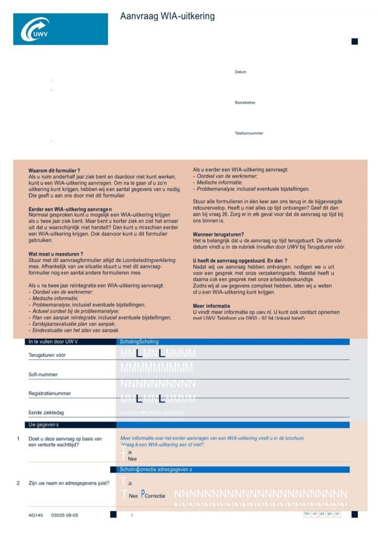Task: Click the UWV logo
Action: [60, 29]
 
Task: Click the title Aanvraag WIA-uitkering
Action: [167, 16]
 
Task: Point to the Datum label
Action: [240, 72]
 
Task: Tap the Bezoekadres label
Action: [245, 102]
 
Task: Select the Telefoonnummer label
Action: [249, 133]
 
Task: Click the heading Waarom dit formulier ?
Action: [54, 171]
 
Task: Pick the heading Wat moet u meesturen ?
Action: [56, 254]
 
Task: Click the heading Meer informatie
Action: [212, 306]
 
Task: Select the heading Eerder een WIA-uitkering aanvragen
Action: [71, 210]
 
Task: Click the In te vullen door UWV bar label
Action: [53, 342]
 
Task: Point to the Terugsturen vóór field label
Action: [47, 355]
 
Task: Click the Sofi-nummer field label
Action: [43, 375]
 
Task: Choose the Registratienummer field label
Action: [50, 394]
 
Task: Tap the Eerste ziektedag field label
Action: [46, 413]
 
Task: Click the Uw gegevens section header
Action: [44, 425]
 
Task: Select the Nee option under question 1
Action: [132, 459]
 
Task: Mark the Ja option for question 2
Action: [130, 483]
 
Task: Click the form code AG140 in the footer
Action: [36, 515]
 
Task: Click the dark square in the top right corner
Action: [355, 42]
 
